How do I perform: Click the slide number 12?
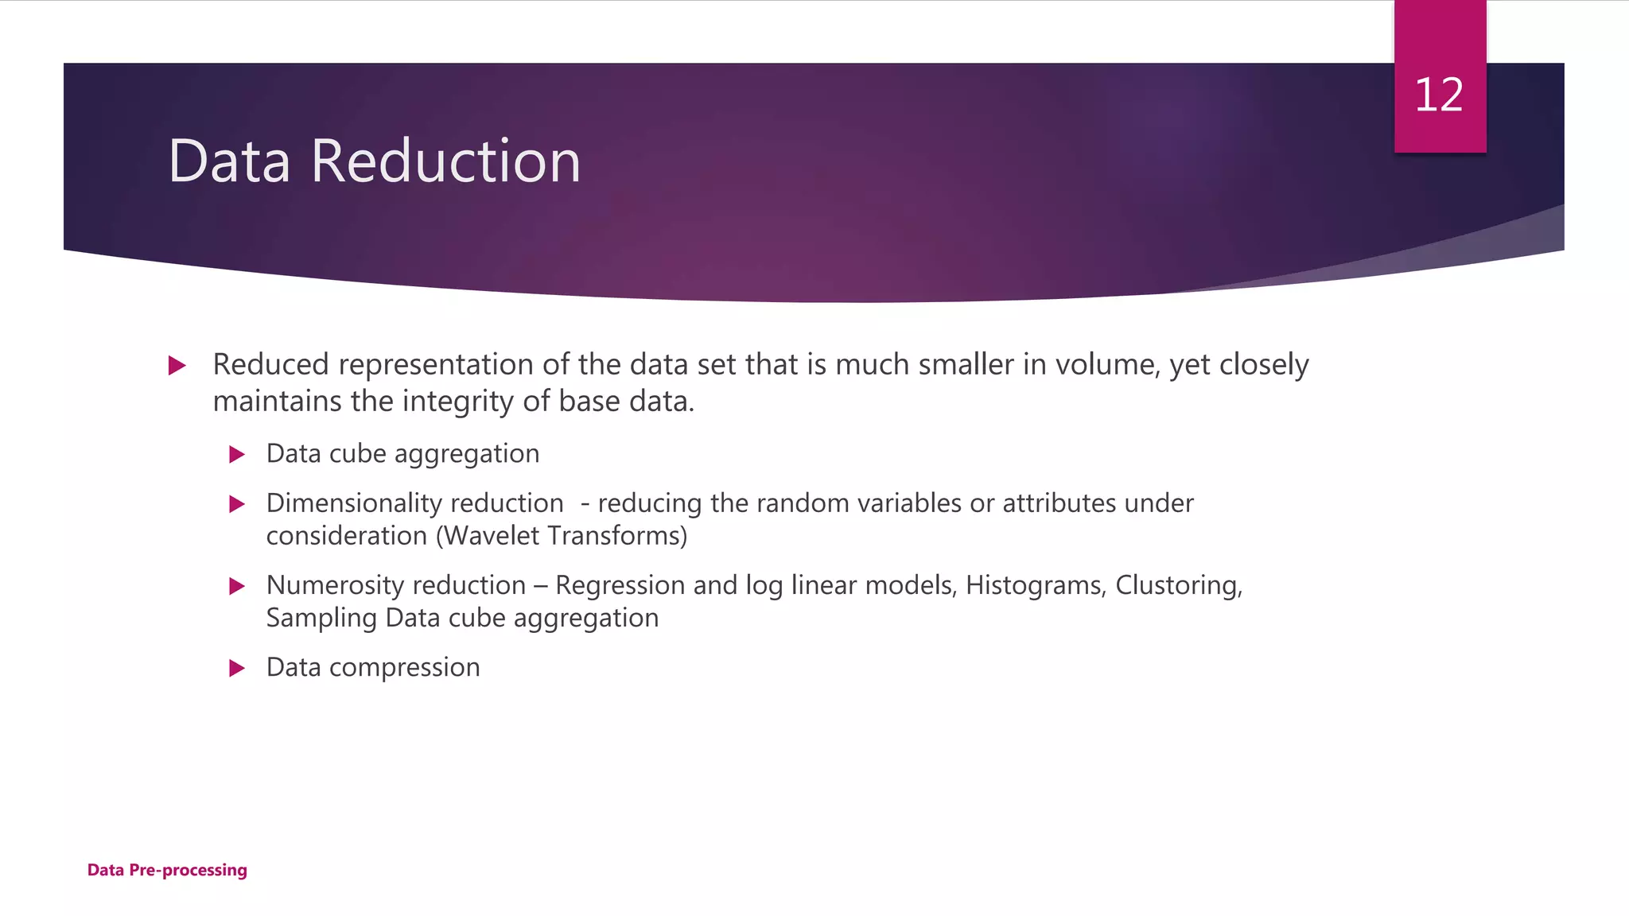pyautogui.click(x=1439, y=95)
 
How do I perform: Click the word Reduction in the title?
pyautogui.click(x=445, y=161)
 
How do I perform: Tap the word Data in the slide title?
pyautogui.click(x=229, y=161)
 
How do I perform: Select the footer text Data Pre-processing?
pyautogui.click(x=167, y=870)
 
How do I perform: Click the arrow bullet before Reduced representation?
pyautogui.click(x=177, y=366)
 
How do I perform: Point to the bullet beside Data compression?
pyautogui.click(x=236, y=668)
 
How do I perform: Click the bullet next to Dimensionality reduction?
pyautogui.click(x=236, y=504)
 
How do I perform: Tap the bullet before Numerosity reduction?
pyautogui.click(x=236, y=587)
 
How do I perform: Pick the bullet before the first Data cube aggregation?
pyautogui.click(x=236, y=455)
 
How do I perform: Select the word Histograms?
pyautogui.click(x=1035, y=585)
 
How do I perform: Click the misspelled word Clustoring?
pyautogui.click(x=1178, y=585)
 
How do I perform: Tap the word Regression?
pyautogui.click(x=620, y=585)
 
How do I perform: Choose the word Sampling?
pyautogui.click(x=321, y=619)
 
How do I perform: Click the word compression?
pyautogui.click(x=404, y=668)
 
